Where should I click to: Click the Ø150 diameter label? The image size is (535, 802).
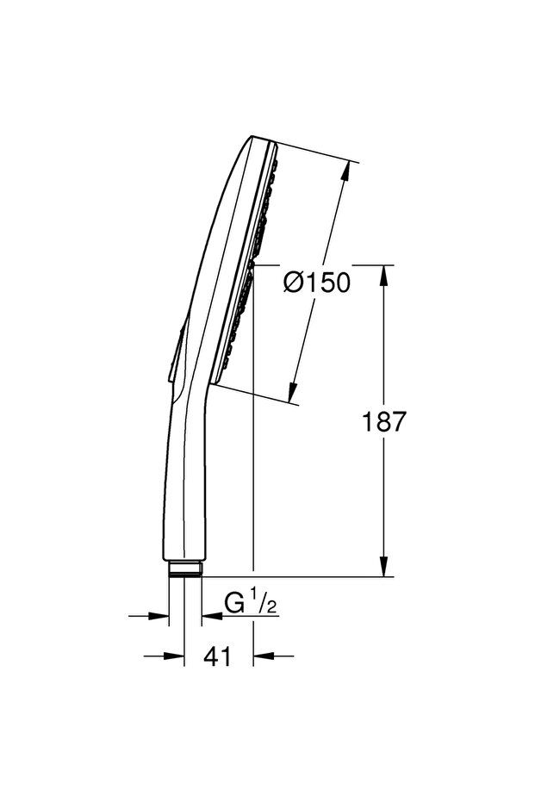pyautogui.click(x=316, y=282)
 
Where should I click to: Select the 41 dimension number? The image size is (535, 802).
pyautogui.click(x=219, y=656)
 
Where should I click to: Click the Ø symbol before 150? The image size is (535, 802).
pyautogui.click(x=294, y=282)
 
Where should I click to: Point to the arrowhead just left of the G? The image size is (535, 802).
pyautogui.click(x=208, y=616)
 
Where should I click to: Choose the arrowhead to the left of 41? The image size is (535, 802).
pyautogui.click(x=177, y=656)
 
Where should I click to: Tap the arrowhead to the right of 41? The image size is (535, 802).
pyautogui.click(x=260, y=656)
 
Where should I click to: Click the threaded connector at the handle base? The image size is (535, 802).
pyautogui.click(x=184, y=569)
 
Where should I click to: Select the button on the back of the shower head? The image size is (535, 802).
pyautogui.click(x=176, y=353)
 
